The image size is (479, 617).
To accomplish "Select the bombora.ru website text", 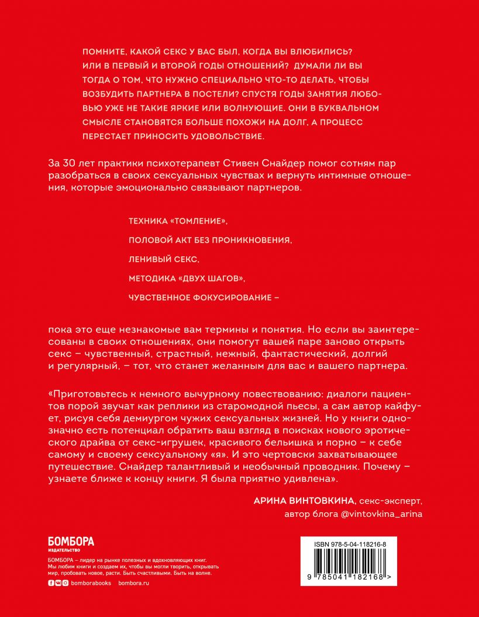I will click(134, 584).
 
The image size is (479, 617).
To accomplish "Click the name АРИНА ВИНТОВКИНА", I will click(304, 501).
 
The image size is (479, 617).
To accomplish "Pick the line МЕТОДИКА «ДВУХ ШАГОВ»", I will click(186, 277).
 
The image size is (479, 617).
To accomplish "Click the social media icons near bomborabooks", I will click(57, 584).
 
